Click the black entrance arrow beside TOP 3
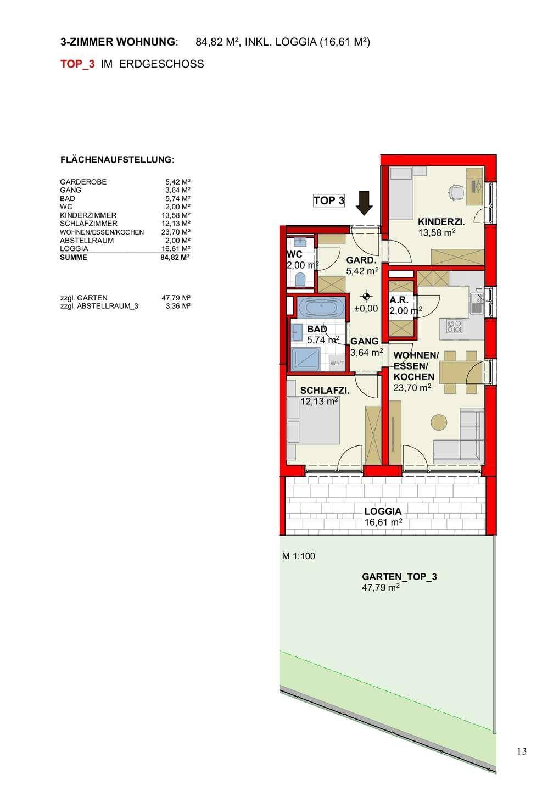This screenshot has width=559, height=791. pos(364,203)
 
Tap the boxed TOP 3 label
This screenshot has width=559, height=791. pos(329,200)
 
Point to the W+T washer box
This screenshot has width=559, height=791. pos(337,363)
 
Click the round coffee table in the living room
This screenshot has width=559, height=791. pos(439,422)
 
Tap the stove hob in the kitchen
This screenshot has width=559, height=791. pos(454,326)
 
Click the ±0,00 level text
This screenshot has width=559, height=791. pos(366,308)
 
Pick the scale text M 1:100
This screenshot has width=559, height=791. pos(299,556)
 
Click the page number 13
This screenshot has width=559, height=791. pos(522,751)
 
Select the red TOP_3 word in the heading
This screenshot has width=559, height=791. pos(77,64)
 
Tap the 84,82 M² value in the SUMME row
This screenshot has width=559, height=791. pos(175,257)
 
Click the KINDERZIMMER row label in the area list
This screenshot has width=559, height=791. pos(88,215)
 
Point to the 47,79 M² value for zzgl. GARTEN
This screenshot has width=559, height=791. pos(176,298)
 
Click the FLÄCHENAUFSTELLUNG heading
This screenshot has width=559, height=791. pos(116,160)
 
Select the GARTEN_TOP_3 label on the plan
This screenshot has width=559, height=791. pos(399,577)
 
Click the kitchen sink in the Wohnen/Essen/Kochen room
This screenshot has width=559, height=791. pos(476,304)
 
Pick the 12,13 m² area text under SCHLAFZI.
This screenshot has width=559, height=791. pos(319,401)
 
